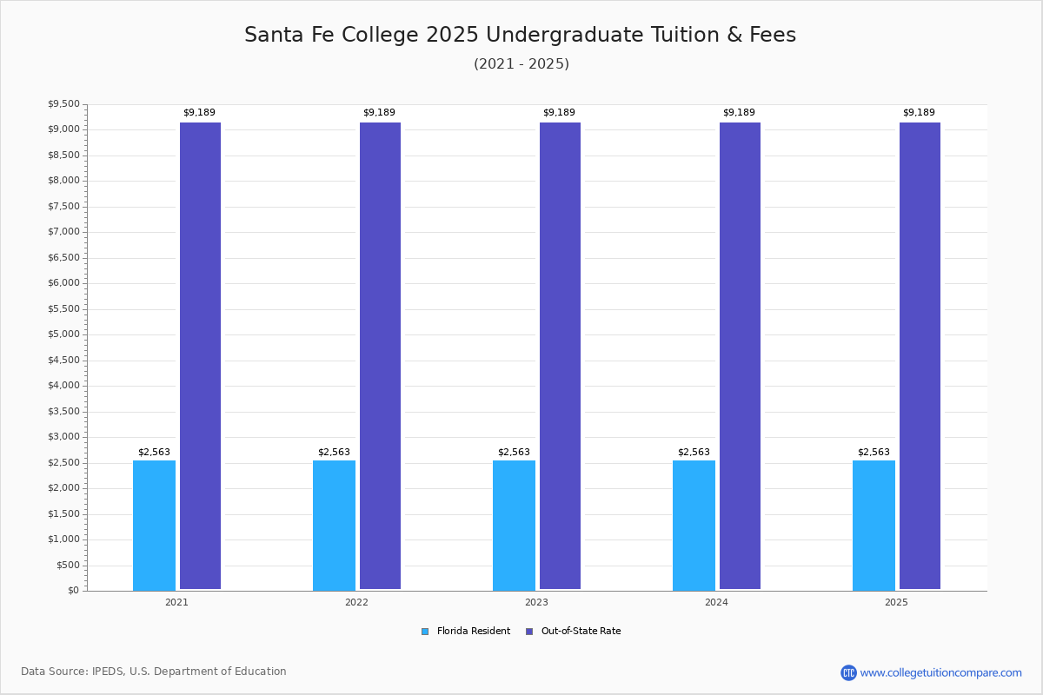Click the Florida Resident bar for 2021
[154, 525]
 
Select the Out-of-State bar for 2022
[380, 356]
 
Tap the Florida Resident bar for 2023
[514, 525]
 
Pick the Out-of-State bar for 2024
[740, 356]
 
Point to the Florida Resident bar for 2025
[874, 525]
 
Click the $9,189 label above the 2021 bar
[199, 113]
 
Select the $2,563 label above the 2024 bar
[694, 453]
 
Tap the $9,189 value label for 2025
[919, 113]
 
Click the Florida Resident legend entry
[466, 632]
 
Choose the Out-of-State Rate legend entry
[574, 632]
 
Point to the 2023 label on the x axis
[536, 602]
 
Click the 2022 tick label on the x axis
[356, 602]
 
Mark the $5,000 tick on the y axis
[63, 334]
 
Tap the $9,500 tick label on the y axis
[63, 104]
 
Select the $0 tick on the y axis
[73, 591]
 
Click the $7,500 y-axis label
[63, 207]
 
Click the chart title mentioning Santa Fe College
[520, 35]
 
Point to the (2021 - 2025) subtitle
[521, 64]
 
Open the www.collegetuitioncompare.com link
[940, 673]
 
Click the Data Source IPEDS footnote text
[154, 672]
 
